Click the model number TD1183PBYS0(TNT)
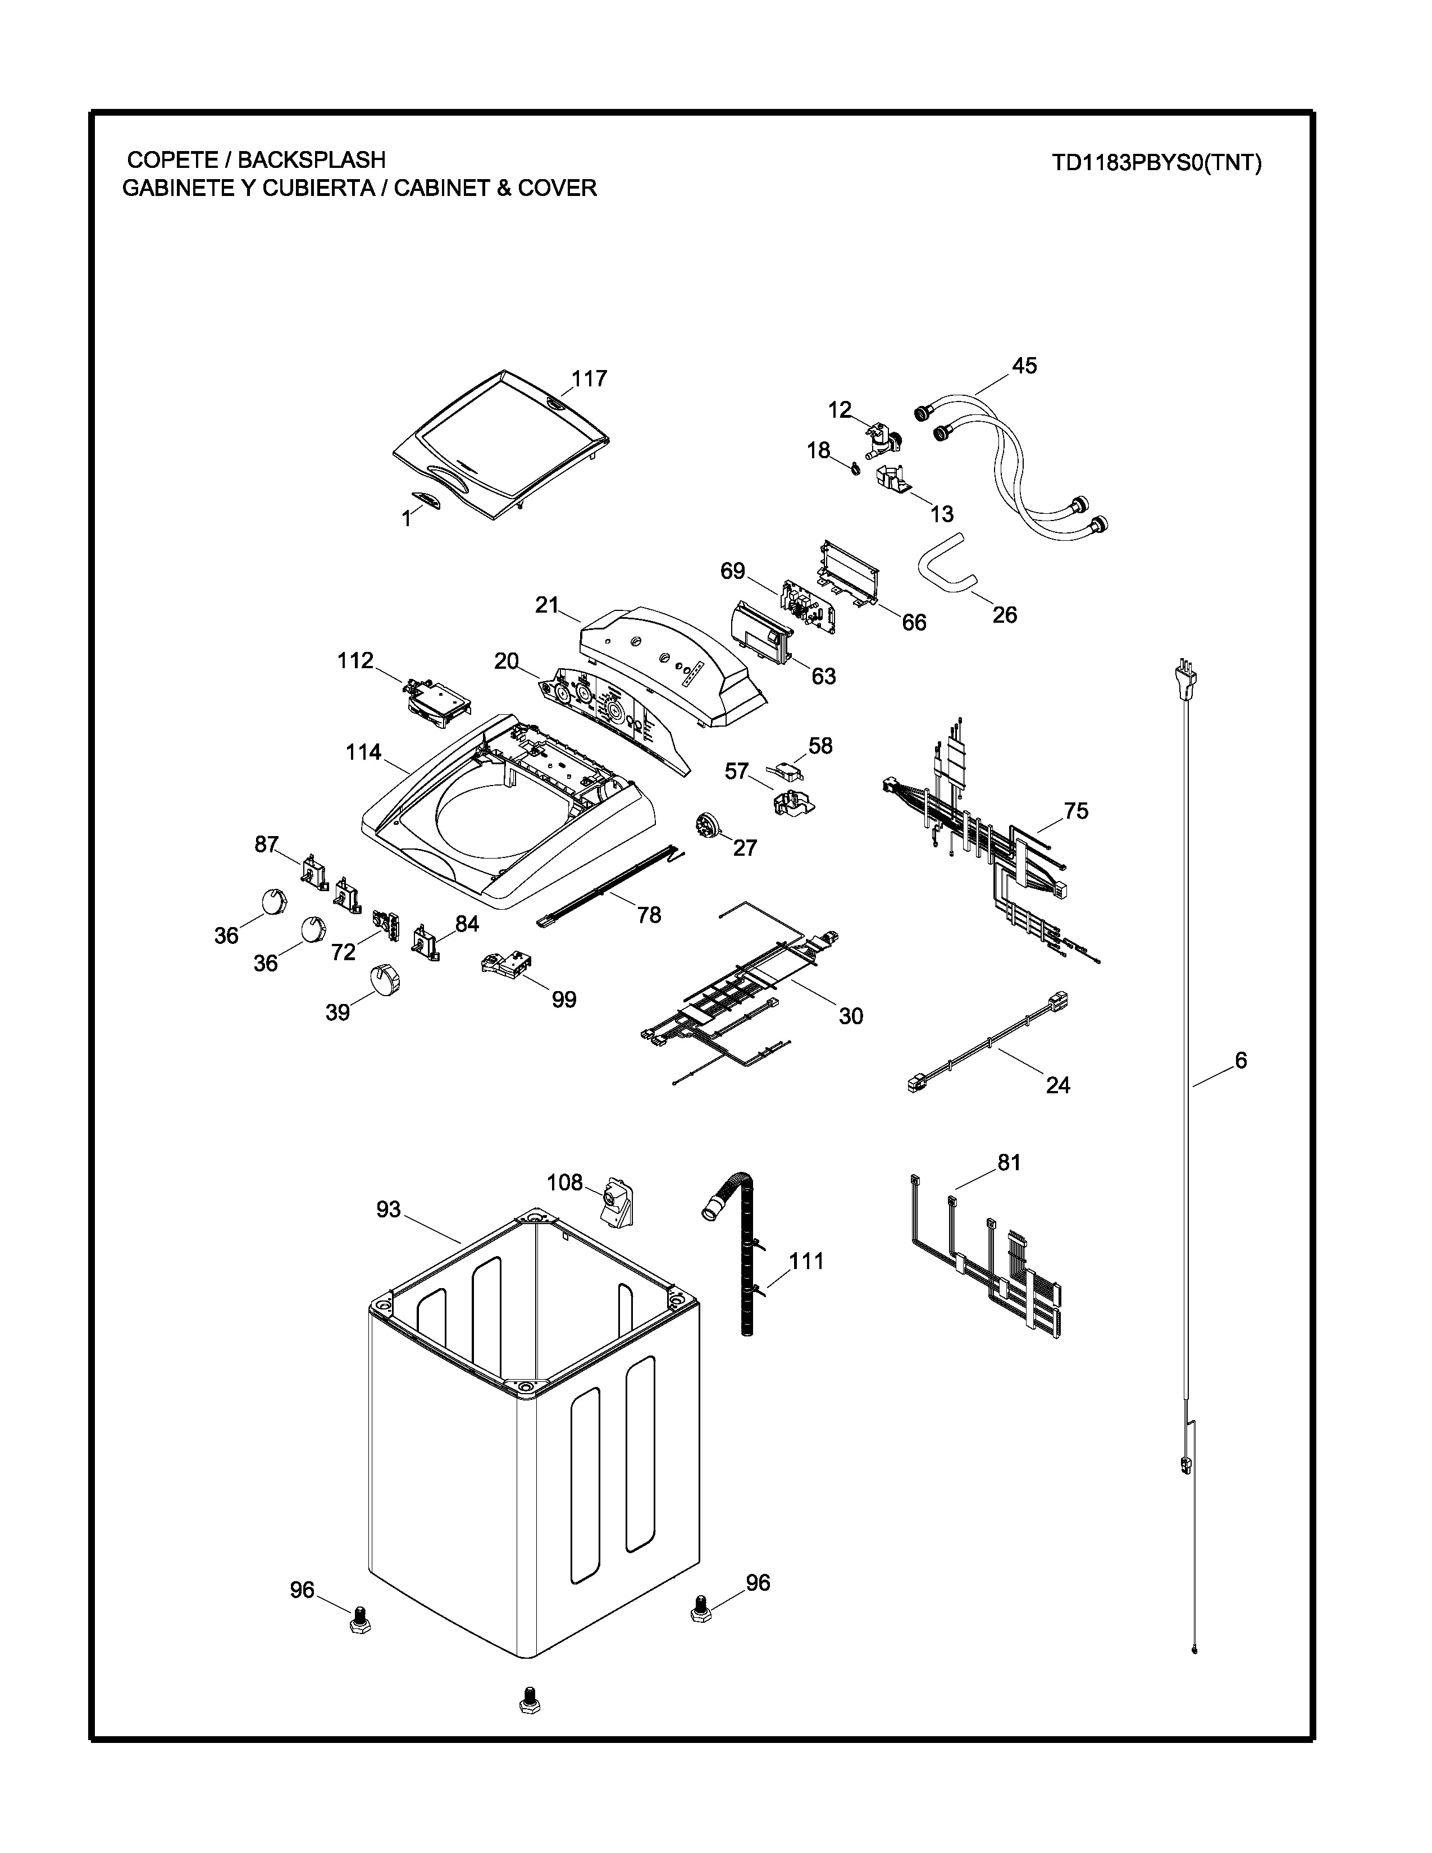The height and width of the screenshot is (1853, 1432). click(x=1156, y=163)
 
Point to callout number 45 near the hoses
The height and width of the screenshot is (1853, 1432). click(x=1024, y=366)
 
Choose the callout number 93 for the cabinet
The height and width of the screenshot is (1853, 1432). click(x=389, y=1209)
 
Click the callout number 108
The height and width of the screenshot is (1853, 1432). click(x=565, y=1182)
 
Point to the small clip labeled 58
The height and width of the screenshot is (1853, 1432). click(x=785, y=769)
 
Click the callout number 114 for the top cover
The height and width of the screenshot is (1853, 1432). click(x=363, y=752)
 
